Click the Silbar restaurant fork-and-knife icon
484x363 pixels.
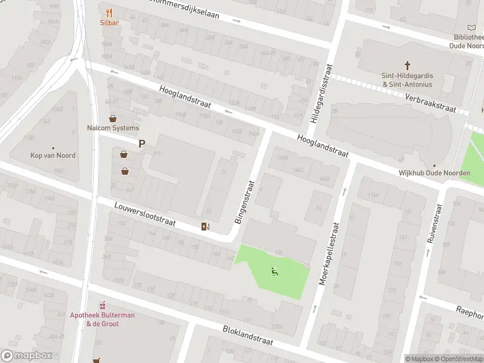[x=109, y=12]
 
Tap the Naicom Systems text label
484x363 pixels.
[x=113, y=128]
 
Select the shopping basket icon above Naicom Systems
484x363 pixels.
[x=113, y=118]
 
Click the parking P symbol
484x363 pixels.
[x=142, y=144]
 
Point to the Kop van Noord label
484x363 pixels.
[x=53, y=155]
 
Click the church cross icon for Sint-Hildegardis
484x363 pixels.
[x=407, y=65]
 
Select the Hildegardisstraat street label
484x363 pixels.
[x=319, y=94]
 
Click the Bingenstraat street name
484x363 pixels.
[x=245, y=201]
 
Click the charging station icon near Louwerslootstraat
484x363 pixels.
[x=205, y=227]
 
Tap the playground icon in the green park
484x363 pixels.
[x=275, y=272]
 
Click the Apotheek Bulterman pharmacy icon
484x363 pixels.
[x=102, y=304]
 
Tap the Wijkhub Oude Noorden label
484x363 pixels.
[x=434, y=173]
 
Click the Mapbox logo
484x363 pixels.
[x=27, y=356]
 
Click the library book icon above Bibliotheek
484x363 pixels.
[x=472, y=27]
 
